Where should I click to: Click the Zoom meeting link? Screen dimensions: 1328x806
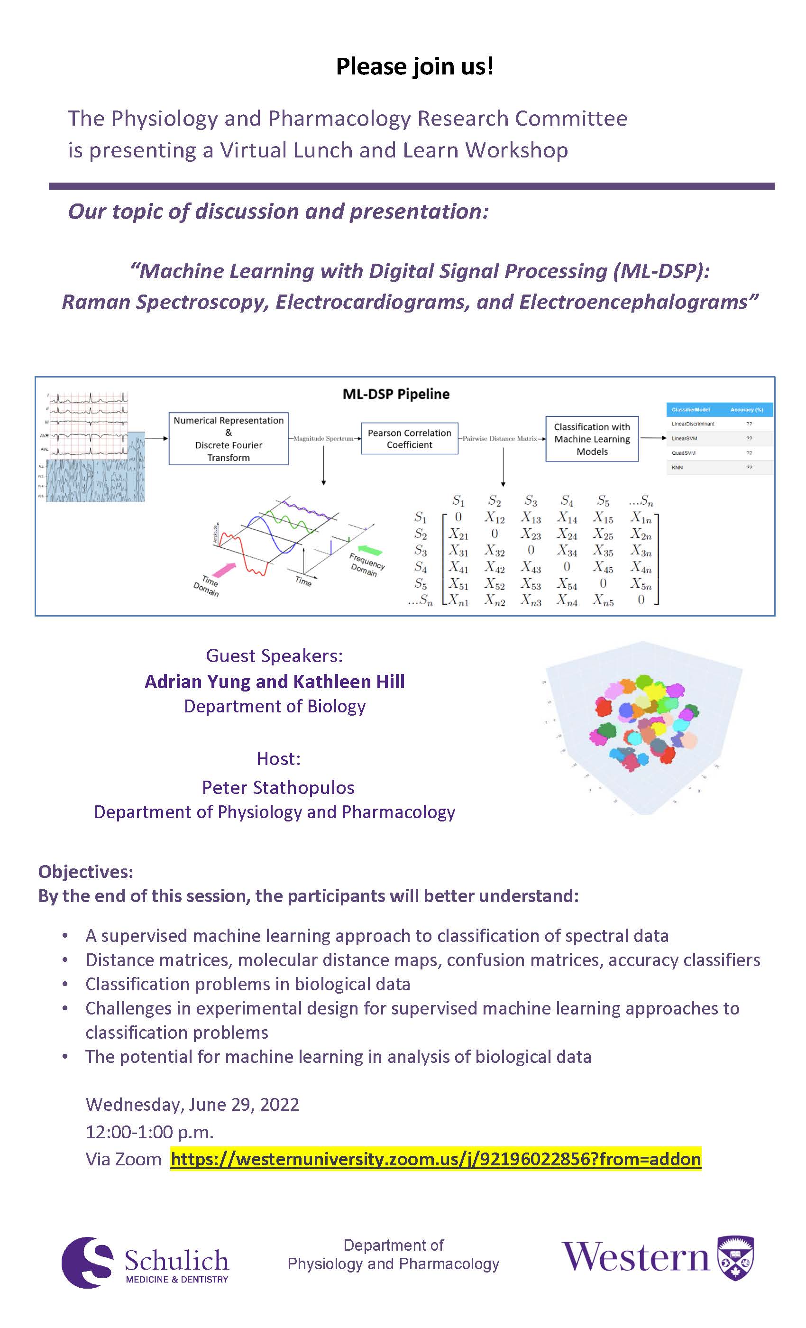point(435,1159)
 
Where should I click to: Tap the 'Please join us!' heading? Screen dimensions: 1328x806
point(414,67)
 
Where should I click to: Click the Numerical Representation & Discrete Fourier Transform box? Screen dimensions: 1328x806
point(229,439)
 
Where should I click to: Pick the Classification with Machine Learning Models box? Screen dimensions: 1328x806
point(592,439)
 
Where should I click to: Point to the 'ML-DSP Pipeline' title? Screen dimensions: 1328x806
point(396,394)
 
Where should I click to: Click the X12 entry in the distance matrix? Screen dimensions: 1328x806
point(494,518)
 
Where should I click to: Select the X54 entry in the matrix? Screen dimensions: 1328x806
point(566,584)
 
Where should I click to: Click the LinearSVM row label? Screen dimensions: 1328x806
point(684,438)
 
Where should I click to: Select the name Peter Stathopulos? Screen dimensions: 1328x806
point(278,787)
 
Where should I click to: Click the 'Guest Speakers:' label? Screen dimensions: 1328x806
point(274,655)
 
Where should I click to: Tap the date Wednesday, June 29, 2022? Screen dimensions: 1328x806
point(192,1104)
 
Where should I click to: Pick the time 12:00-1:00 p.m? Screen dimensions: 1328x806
point(150,1131)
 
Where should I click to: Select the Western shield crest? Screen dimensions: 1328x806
point(736,1258)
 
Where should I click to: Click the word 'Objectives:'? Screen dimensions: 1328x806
point(86,872)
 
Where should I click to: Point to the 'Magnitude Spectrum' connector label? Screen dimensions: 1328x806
point(324,439)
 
